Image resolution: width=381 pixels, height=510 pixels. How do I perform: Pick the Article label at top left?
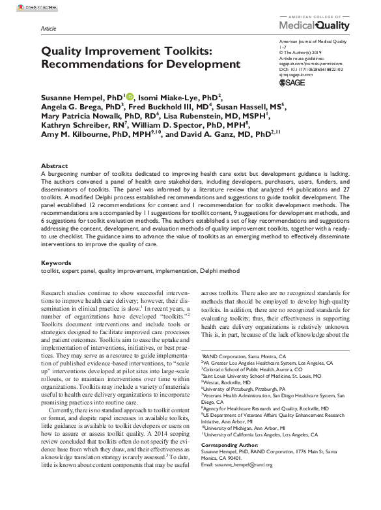coord(48,30)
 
